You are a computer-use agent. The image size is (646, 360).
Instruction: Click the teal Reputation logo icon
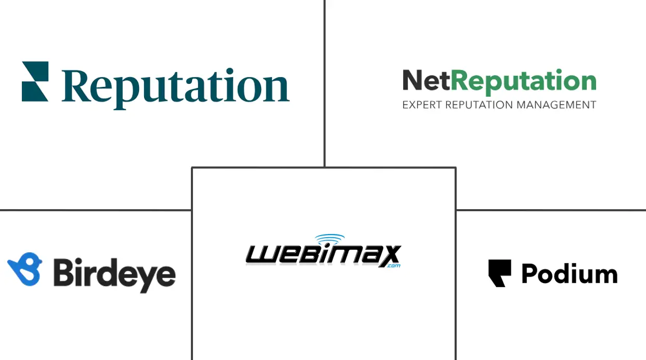pos(35,81)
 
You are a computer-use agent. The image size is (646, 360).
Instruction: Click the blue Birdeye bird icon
pos(25,269)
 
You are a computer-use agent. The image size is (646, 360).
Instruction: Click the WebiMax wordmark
pos(323,255)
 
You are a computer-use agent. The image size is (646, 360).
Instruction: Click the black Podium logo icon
pos(499,273)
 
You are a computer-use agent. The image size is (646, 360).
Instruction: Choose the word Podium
pos(569,274)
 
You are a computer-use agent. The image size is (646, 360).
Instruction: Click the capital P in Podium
pos(529,274)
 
